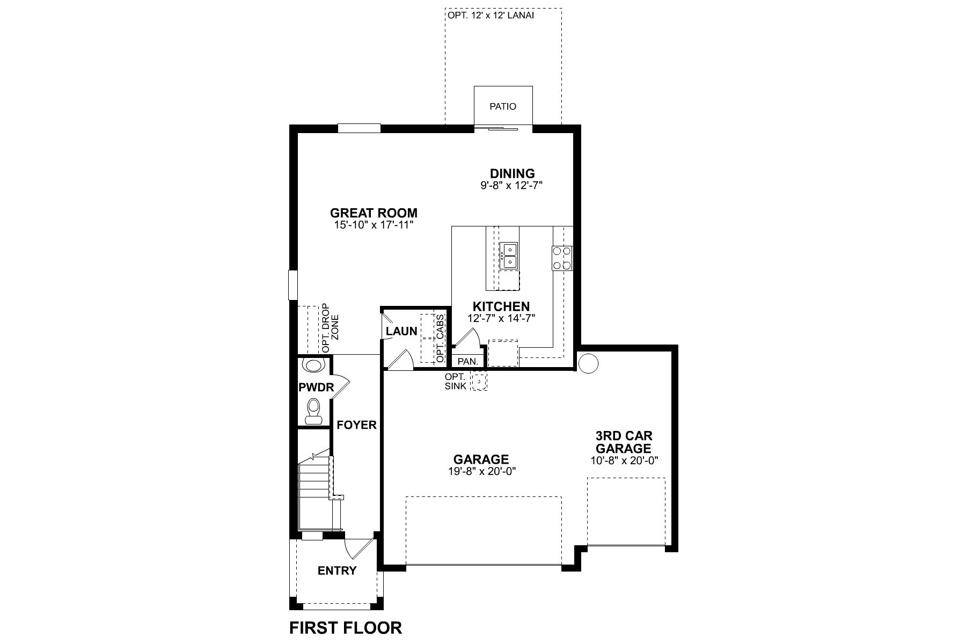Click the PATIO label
503,106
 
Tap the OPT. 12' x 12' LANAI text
490,16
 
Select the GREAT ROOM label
374,213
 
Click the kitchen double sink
508,255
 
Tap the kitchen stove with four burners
562,258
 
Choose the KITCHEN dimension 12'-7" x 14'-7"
501,318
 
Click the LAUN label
401,331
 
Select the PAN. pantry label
467,362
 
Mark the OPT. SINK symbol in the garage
479,381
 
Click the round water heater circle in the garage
588,363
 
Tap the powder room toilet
313,412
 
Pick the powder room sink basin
313,365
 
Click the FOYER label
356,425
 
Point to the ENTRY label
337,570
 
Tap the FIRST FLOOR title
345,627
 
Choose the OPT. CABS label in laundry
441,338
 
